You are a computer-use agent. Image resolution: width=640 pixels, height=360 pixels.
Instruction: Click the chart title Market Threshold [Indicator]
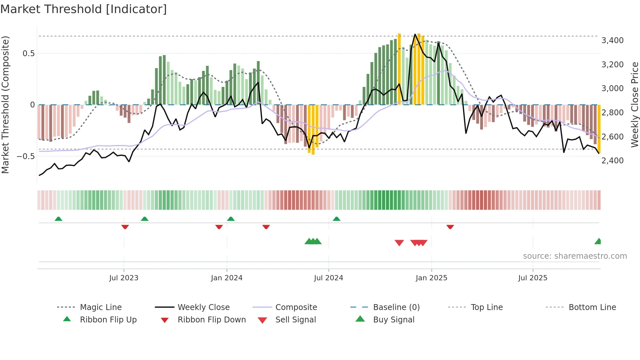[84, 9]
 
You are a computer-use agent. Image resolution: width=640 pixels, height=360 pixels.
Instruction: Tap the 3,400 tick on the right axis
[612, 41]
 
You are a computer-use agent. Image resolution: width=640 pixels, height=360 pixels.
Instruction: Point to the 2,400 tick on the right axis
[612, 160]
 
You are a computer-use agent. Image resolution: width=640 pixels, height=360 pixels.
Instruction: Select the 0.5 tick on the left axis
[28, 54]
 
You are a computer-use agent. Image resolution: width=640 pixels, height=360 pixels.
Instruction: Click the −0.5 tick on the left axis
[26, 156]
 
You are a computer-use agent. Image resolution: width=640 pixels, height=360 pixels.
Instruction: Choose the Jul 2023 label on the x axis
[124, 278]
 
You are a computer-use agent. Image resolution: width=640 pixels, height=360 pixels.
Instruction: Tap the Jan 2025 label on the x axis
[431, 278]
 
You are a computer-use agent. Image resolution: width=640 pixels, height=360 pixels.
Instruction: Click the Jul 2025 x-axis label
[533, 278]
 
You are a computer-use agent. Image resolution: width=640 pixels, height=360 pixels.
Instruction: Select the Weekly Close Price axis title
[634, 105]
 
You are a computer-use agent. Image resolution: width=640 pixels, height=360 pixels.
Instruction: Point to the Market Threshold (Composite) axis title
[5, 105]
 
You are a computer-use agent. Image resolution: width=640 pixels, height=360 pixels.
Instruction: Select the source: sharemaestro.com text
[575, 256]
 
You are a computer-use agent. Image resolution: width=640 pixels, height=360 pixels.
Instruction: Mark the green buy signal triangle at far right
[598, 241]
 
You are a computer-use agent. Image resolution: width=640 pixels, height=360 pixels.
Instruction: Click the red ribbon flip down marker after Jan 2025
[450, 227]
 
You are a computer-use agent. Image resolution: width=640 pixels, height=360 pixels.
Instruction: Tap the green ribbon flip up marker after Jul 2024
[337, 219]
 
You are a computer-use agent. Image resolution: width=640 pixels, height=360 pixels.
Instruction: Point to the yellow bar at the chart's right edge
[599, 129]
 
